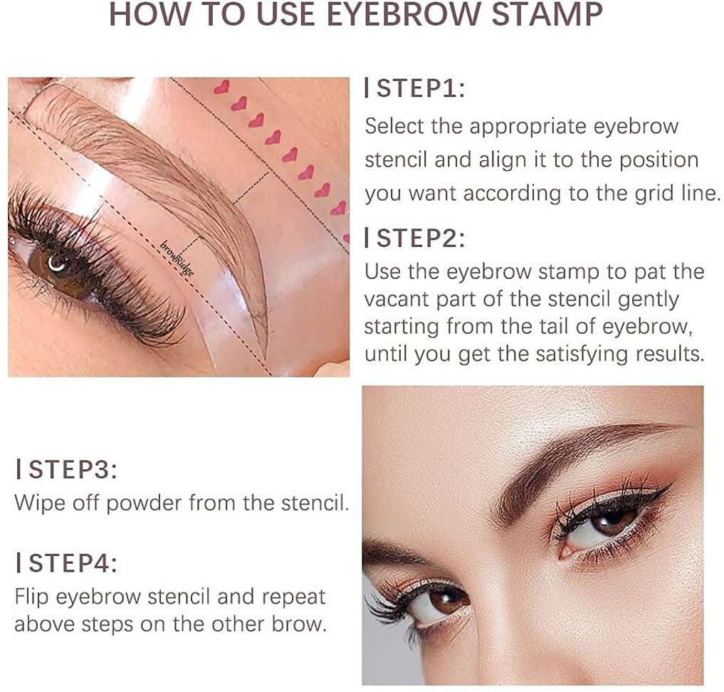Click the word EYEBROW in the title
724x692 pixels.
pos(401,14)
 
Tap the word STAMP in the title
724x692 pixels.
pos(547,14)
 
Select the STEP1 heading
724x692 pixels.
pos(415,88)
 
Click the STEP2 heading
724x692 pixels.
pos(415,238)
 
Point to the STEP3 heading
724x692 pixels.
pos(67,469)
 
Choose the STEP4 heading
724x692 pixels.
pos(67,563)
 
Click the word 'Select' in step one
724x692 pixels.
pos(394,126)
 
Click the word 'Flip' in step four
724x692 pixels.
pos(31,597)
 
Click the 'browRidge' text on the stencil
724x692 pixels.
pos(177,258)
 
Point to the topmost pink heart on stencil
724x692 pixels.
pos(222,87)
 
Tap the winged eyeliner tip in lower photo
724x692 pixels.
pos(668,486)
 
